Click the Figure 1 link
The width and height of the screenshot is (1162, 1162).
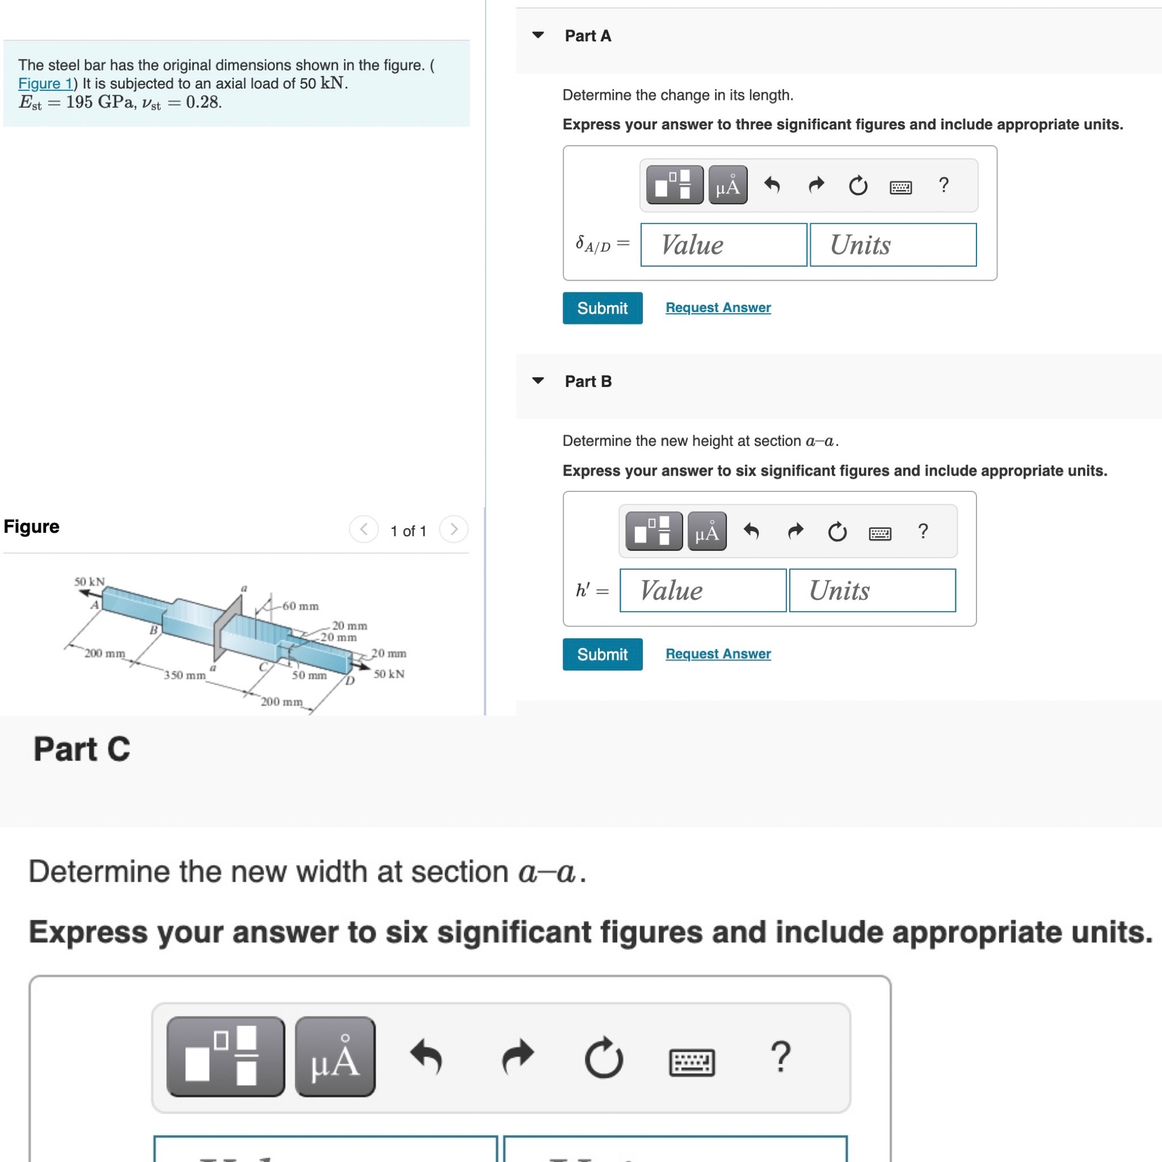tap(45, 83)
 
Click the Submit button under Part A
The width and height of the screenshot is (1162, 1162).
tap(602, 308)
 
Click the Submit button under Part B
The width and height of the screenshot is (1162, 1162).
tap(602, 654)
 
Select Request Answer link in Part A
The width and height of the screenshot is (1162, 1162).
tap(718, 308)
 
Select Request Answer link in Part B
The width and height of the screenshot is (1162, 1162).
tap(718, 654)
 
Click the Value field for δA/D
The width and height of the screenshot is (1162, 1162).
tap(723, 245)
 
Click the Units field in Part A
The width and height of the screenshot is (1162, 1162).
tap(892, 245)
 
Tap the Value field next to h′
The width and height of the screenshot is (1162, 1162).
tap(702, 591)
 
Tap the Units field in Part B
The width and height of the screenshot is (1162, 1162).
tap(872, 591)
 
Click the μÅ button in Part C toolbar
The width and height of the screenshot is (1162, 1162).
tap(335, 1056)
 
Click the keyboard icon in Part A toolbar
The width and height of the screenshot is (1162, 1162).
tap(900, 187)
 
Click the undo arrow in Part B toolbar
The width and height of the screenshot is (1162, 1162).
tap(752, 531)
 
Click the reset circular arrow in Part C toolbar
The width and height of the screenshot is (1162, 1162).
tap(603, 1058)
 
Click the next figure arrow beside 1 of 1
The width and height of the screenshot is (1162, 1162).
tap(453, 529)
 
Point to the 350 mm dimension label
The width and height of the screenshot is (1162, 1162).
tap(184, 675)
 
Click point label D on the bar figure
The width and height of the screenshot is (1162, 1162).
tap(350, 681)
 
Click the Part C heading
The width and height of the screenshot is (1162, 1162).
tap(82, 749)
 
